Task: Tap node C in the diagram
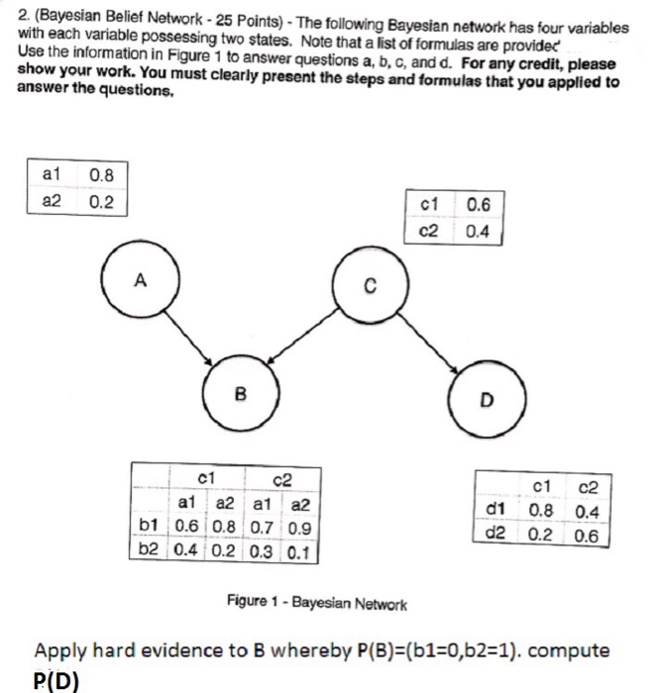(x=368, y=288)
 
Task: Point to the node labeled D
(x=486, y=401)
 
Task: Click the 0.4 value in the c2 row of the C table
(x=477, y=234)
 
